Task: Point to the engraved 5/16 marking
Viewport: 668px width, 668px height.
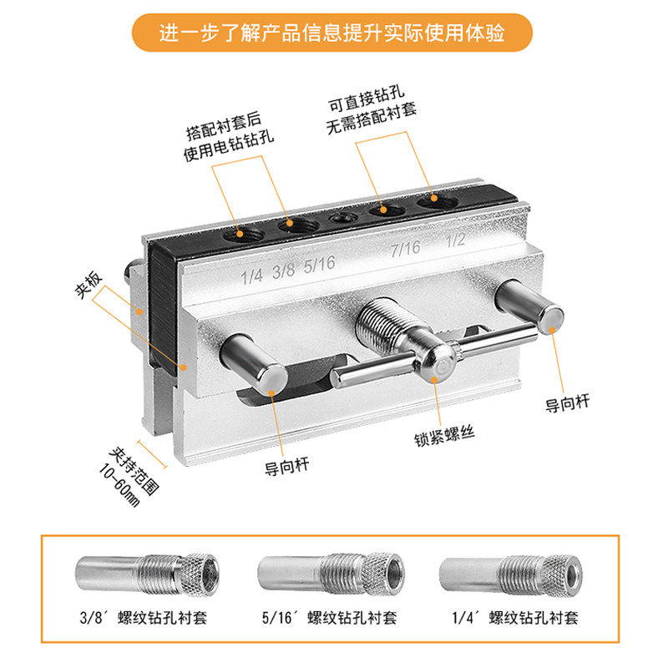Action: click(x=321, y=266)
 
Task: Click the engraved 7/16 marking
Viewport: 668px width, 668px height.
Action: click(x=405, y=249)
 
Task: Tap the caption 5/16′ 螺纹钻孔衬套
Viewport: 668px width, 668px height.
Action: click(x=332, y=619)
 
